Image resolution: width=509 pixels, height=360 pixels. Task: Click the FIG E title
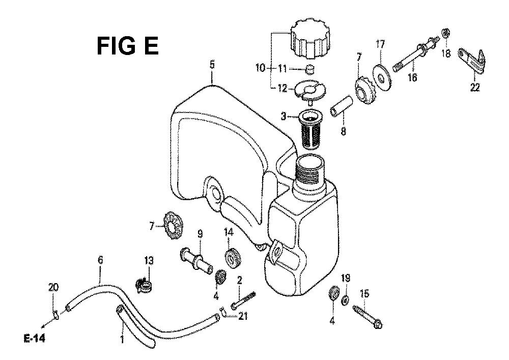pos(128,46)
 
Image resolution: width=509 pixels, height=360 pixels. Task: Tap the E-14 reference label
pos(35,339)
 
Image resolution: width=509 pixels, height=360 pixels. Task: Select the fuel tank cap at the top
pos(310,39)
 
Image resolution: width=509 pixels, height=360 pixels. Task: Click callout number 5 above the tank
pos(212,65)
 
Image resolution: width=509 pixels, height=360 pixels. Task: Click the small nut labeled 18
pos(445,33)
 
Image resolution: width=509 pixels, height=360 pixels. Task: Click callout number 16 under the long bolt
pos(412,78)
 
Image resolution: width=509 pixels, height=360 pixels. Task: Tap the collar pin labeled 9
pos(196,262)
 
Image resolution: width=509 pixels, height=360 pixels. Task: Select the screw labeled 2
pos(243,300)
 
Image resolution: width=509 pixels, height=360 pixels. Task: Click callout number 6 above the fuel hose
pos(100,261)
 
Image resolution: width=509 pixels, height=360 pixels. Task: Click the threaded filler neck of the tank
pos(312,172)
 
